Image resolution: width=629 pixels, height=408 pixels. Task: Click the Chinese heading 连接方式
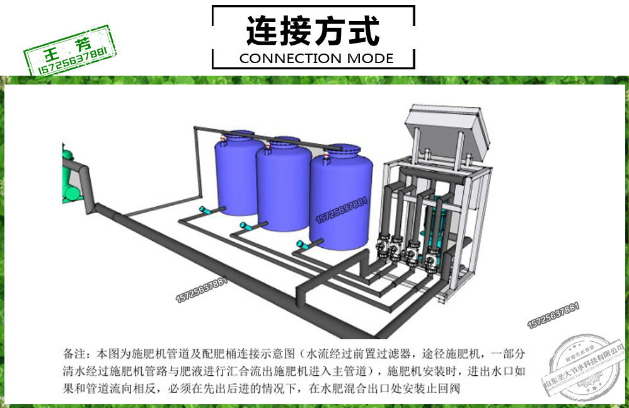coord(313,32)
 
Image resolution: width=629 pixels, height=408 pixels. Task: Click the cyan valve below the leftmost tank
coord(205,211)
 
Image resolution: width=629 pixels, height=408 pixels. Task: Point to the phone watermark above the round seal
coord(553,315)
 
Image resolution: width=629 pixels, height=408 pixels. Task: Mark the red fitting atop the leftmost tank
coord(224,134)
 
